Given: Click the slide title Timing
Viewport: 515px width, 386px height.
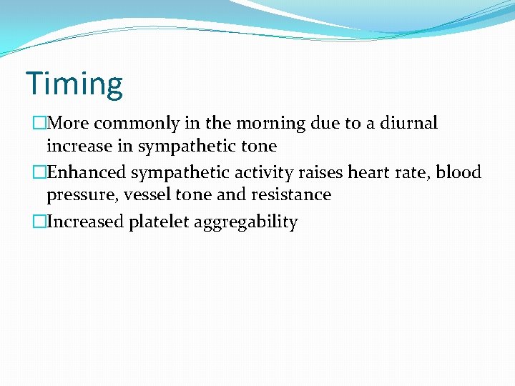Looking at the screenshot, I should point(74,84).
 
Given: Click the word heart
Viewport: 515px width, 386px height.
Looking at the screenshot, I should point(368,172).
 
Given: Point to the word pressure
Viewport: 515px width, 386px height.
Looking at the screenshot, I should point(77,195).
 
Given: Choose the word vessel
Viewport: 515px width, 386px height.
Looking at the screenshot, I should point(144,194).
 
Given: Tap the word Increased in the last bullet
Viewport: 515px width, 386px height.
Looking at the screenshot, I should point(85,222).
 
